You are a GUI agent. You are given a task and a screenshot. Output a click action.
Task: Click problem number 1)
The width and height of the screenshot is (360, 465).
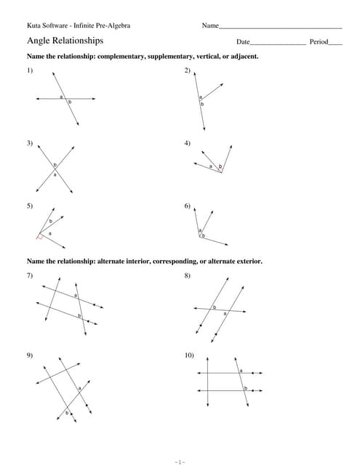tap(30, 70)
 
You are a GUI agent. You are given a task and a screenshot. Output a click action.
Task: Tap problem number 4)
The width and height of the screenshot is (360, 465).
tap(188, 143)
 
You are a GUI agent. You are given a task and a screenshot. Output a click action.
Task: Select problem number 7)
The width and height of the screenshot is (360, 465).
tap(30, 276)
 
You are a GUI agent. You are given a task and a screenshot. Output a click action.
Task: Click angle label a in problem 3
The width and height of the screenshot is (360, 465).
tap(55, 174)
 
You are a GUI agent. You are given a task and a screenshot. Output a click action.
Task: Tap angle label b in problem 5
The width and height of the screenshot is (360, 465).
tap(51, 221)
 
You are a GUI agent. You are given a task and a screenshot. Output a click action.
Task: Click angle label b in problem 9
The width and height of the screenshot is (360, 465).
tap(68, 413)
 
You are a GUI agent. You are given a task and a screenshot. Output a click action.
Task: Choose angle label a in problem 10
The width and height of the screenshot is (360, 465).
tap(241, 371)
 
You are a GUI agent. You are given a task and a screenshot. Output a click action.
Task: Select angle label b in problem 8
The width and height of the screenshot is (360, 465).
tap(214, 307)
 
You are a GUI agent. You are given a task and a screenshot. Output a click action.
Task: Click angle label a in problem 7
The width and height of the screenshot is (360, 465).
tap(76, 295)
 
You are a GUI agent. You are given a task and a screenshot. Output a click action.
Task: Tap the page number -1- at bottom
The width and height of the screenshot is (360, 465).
tap(180, 461)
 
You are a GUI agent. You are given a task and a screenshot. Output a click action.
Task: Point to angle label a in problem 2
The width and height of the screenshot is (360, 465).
tap(200, 97)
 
